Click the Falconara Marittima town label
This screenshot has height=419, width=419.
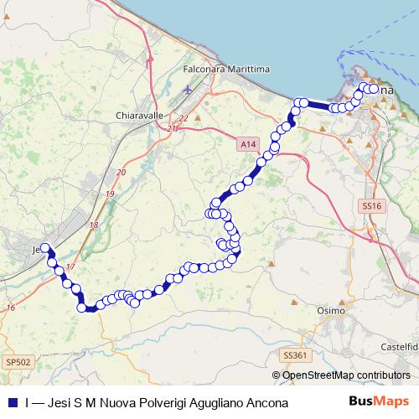pyautogui.click(x=221, y=70)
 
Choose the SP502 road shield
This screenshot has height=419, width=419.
pyautogui.click(x=17, y=361)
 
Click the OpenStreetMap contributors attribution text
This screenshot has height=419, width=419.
pyautogui.click(x=346, y=375)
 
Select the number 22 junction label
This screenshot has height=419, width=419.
pyautogui.click(x=183, y=118)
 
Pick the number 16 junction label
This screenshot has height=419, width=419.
pyautogui.click(x=10, y=308)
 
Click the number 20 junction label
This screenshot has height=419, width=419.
pyautogui.click(x=121, y=172)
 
